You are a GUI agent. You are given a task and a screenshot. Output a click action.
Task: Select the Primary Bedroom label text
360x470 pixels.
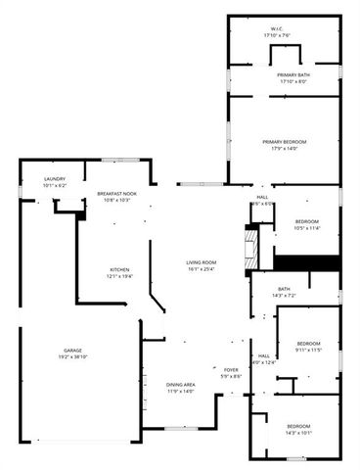click(284, 142)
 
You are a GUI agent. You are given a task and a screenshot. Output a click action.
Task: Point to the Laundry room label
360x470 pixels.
click(55, 178)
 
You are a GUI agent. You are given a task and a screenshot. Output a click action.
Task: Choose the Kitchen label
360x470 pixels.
click(120, 269)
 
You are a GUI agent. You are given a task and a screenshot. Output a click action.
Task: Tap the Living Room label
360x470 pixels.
click(202, 262)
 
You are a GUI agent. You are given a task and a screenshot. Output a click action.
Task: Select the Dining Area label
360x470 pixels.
click(180, 385)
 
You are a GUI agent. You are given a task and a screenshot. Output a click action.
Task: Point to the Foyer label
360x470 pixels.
click(231, 369)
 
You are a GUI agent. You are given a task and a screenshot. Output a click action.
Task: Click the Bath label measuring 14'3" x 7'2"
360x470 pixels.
click(284, 288)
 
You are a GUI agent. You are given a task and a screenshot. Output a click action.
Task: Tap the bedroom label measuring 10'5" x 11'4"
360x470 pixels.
click(308, 220)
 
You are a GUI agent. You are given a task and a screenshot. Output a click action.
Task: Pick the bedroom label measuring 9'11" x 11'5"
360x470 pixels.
click(308, 343)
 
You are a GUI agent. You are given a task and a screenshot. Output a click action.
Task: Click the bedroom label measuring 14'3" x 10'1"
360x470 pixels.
click(298, 425)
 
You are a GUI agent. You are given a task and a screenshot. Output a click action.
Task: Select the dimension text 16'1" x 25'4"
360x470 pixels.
click(202, 269)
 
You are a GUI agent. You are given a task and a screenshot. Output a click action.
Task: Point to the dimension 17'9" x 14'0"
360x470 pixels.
click(284, 149)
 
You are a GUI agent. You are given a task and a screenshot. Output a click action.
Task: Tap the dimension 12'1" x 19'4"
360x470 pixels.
click(120, 276)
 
